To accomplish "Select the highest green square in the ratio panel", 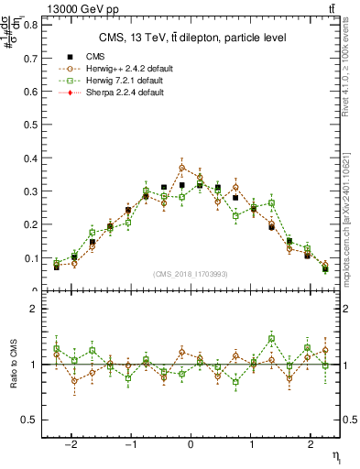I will pos(271,339).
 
